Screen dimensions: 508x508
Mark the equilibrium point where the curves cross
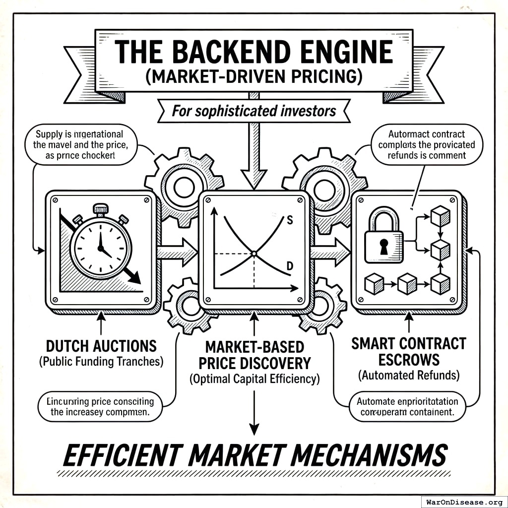[254, 254]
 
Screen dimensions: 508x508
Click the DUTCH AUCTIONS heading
[101, 346]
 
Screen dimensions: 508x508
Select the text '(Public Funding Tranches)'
[101, 361]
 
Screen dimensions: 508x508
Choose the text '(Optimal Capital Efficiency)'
[254, 380]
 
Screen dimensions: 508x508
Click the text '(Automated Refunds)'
[409, 376]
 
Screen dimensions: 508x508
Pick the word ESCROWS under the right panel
[409, 360]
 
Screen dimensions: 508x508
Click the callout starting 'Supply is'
[79, 144]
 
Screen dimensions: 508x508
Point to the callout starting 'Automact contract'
[426, 144]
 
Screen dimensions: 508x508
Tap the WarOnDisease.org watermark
[464, 502]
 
